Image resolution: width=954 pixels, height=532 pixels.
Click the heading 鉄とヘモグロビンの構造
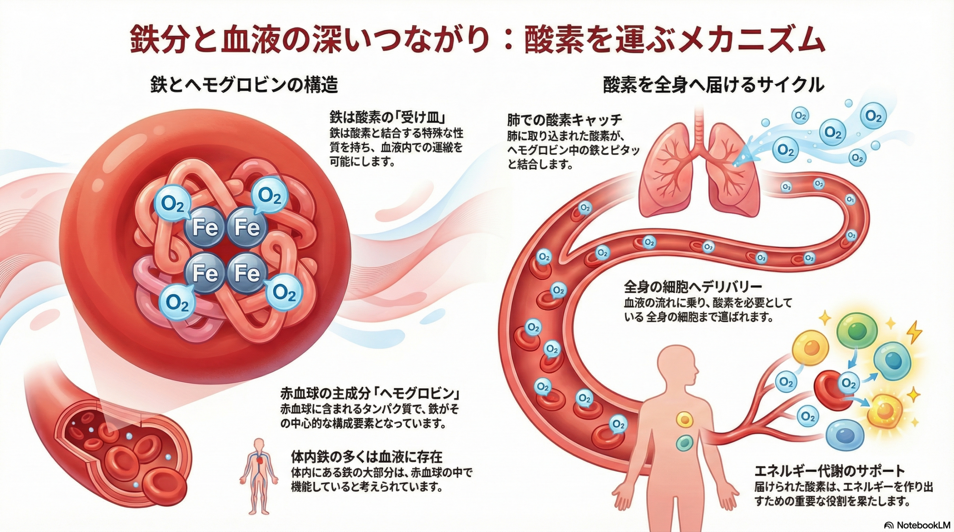coord(244,85)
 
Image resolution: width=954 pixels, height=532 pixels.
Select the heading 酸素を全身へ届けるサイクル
coord(713,85)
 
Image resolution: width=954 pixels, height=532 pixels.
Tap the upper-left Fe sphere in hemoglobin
coord(205,227)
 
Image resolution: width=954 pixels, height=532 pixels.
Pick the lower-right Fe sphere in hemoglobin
coord(247,273)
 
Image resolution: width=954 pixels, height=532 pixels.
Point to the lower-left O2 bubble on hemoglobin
coord(177,302)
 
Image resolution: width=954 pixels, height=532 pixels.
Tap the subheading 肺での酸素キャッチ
coord(565,120)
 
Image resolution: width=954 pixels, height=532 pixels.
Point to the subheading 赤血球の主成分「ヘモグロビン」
coord(369,393)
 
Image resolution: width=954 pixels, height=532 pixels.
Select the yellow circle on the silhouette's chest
coord(684,420)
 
